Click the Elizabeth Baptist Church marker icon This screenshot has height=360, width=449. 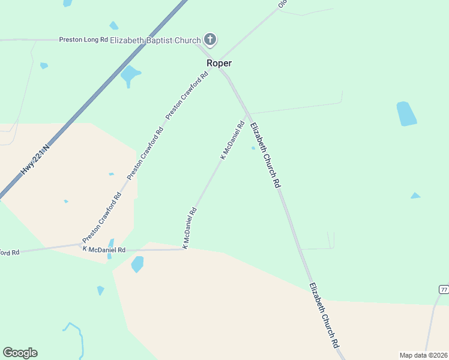click(x=210, y=40)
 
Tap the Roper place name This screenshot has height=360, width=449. click(x=219, y=63)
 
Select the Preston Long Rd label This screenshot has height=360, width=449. click(x=83, y=40)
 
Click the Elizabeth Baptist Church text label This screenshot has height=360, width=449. click(x=155, y=40)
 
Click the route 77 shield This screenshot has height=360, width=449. click(x=444, y=289)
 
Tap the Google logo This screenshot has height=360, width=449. click(x=20, y=353)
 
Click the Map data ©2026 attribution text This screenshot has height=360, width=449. click(x=423, y=355)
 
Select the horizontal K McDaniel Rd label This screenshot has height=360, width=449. click(x=104, y=249)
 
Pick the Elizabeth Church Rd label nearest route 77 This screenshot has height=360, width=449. click(x=325, y=316)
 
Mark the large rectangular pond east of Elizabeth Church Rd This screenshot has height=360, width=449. click(x=406, y=113)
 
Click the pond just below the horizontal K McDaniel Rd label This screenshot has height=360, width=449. click(x=137, y=264)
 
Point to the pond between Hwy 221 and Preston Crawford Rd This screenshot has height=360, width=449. click(x=129, y=75)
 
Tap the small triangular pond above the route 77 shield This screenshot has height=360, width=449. click(x=415, y=196)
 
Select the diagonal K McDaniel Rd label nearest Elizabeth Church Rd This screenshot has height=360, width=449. click(x=232, y=140)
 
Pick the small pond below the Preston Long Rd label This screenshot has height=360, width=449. click(x=43, y=65)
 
